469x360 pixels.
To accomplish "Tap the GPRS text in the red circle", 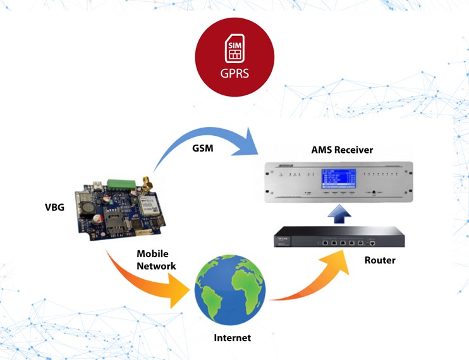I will click(x=234, y=73).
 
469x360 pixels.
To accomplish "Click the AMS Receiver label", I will click(x=342, y=150).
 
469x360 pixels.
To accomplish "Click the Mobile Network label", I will click(x=156, y=259).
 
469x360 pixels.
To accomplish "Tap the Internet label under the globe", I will click(x=232, y=338).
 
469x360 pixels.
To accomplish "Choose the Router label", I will click(x=379, y=260).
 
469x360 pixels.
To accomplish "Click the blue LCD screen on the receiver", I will click(x=341, y=178).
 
